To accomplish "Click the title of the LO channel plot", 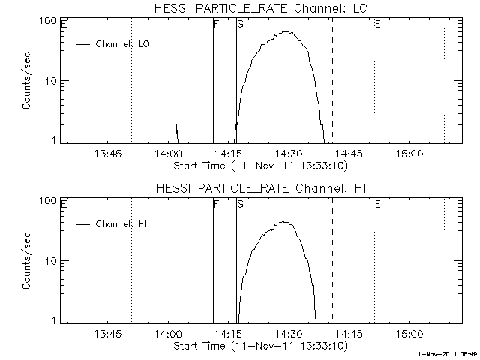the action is coord(261,8).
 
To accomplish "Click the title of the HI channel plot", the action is coord(261,188).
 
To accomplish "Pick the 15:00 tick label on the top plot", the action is coord(409,153).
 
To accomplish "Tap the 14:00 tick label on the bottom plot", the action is coord(168,333).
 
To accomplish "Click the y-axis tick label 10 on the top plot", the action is coord(49,81).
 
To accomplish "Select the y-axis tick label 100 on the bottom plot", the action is coord(48,200).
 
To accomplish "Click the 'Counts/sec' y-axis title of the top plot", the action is coord(26,80).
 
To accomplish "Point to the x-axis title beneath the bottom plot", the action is coord(261,346).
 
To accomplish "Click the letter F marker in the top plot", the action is coord(217,24).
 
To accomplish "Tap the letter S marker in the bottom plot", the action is coord(241,204).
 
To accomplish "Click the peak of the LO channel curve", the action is coord(286,31).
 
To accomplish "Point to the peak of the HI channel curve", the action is coord(284,221).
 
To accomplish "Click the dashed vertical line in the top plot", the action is coord(333,80).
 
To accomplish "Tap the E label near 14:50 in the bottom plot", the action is coord(378,204).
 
